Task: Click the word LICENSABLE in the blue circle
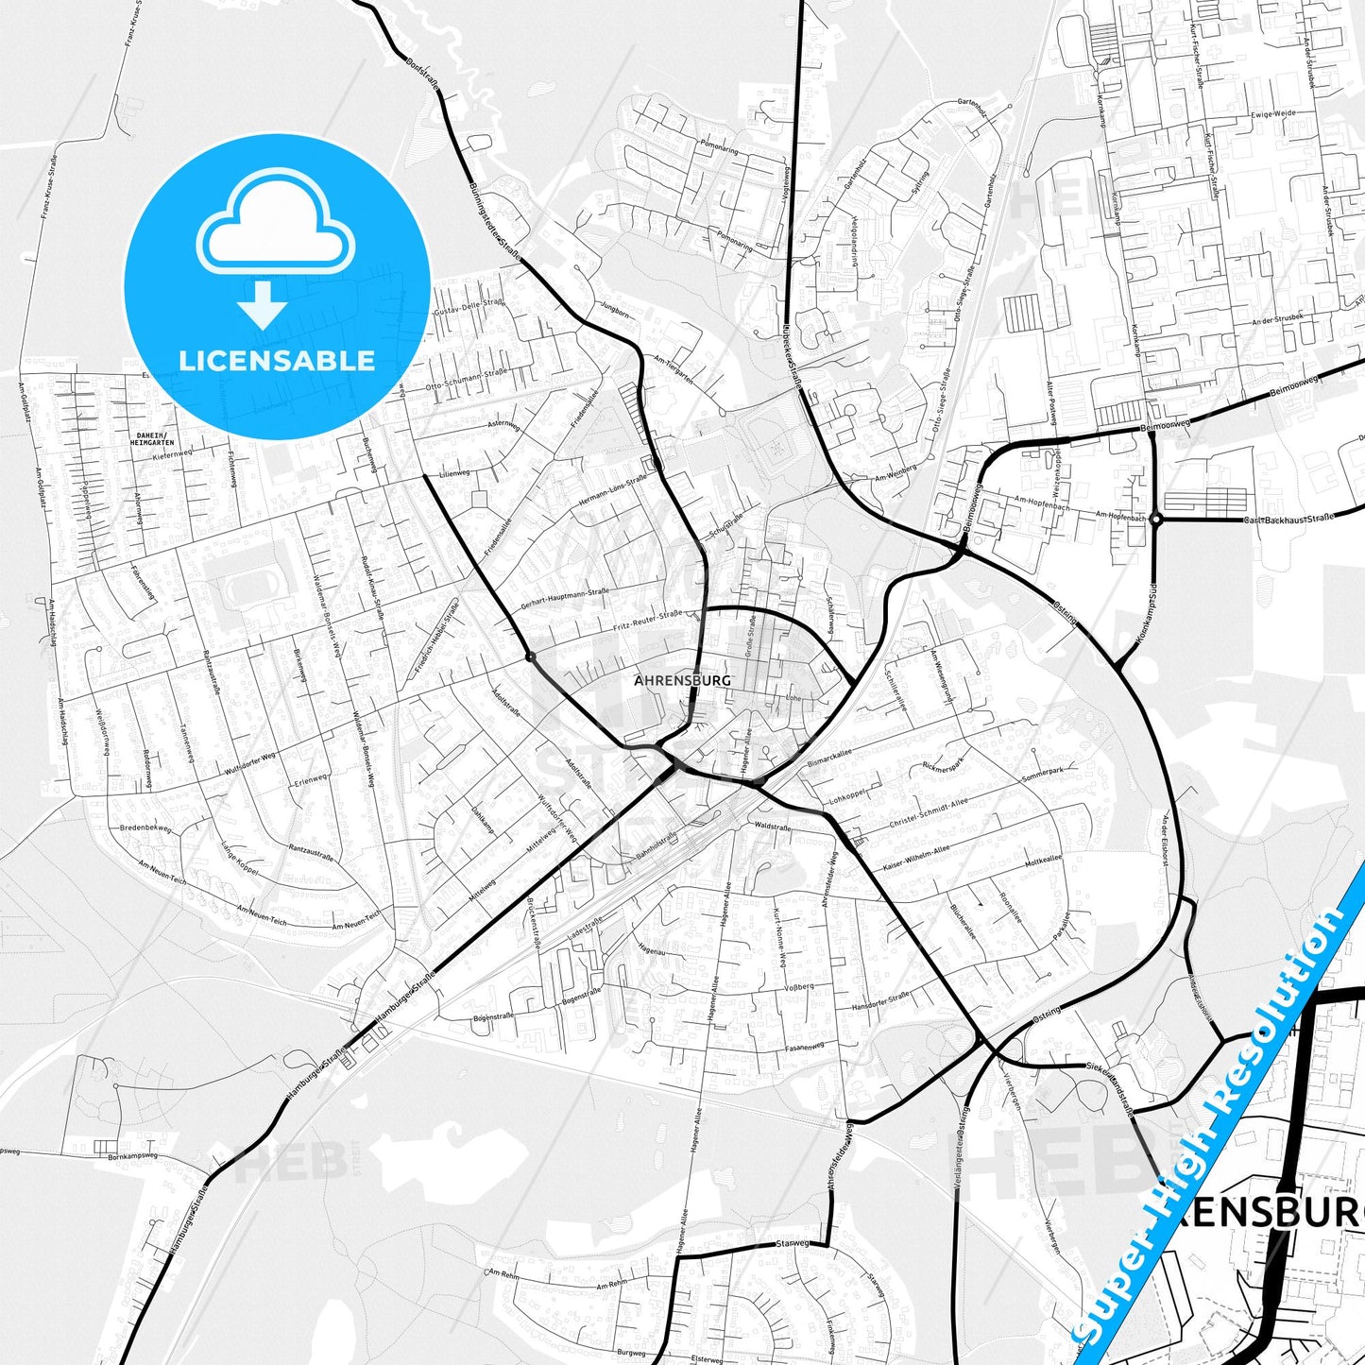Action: (x=277, y=361)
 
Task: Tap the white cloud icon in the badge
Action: (x=275, y=227)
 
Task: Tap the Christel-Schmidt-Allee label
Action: (x=929, y=813)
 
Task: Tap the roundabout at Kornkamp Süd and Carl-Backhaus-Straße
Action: (x=1155, y=519)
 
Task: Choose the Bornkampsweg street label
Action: (x=132, y=1155)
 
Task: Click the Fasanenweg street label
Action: (x=804, y=1047)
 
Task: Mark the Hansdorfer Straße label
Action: (x=879, y=1002)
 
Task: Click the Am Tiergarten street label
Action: (x=674, y=368)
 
